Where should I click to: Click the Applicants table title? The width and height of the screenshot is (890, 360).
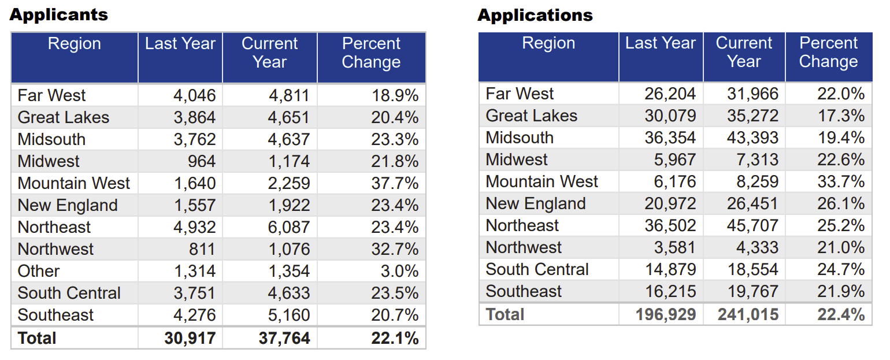coord(58,14)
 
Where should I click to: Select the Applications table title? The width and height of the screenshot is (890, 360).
coord(535,15)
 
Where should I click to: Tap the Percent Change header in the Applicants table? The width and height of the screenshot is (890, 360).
coord(371,53)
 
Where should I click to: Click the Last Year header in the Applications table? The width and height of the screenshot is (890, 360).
coord(660,43)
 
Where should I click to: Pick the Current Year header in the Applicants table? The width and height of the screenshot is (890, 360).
coord(269,53)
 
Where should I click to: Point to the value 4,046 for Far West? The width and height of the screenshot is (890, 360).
coord(195,95)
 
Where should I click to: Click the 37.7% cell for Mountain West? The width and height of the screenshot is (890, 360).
coord(395,183)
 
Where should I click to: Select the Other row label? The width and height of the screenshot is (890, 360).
coord(39,271)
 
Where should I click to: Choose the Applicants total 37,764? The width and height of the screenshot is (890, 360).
coord(284,338)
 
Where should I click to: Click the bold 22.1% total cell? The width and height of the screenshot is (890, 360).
coord(395,338)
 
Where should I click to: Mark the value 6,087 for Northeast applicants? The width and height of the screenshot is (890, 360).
coord(289,227)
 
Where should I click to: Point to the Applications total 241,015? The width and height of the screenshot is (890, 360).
coord(748,315)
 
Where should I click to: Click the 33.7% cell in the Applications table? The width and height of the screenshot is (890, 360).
coord(841,181)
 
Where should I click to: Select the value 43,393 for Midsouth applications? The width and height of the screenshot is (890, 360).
coord(752,138)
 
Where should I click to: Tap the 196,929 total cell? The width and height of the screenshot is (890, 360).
coord(666,315)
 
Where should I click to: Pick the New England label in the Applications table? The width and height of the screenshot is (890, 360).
coord(536,203)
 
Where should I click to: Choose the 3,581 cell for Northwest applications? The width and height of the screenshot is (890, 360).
coord(675,247)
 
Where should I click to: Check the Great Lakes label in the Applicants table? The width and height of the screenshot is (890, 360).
coord(64,117)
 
